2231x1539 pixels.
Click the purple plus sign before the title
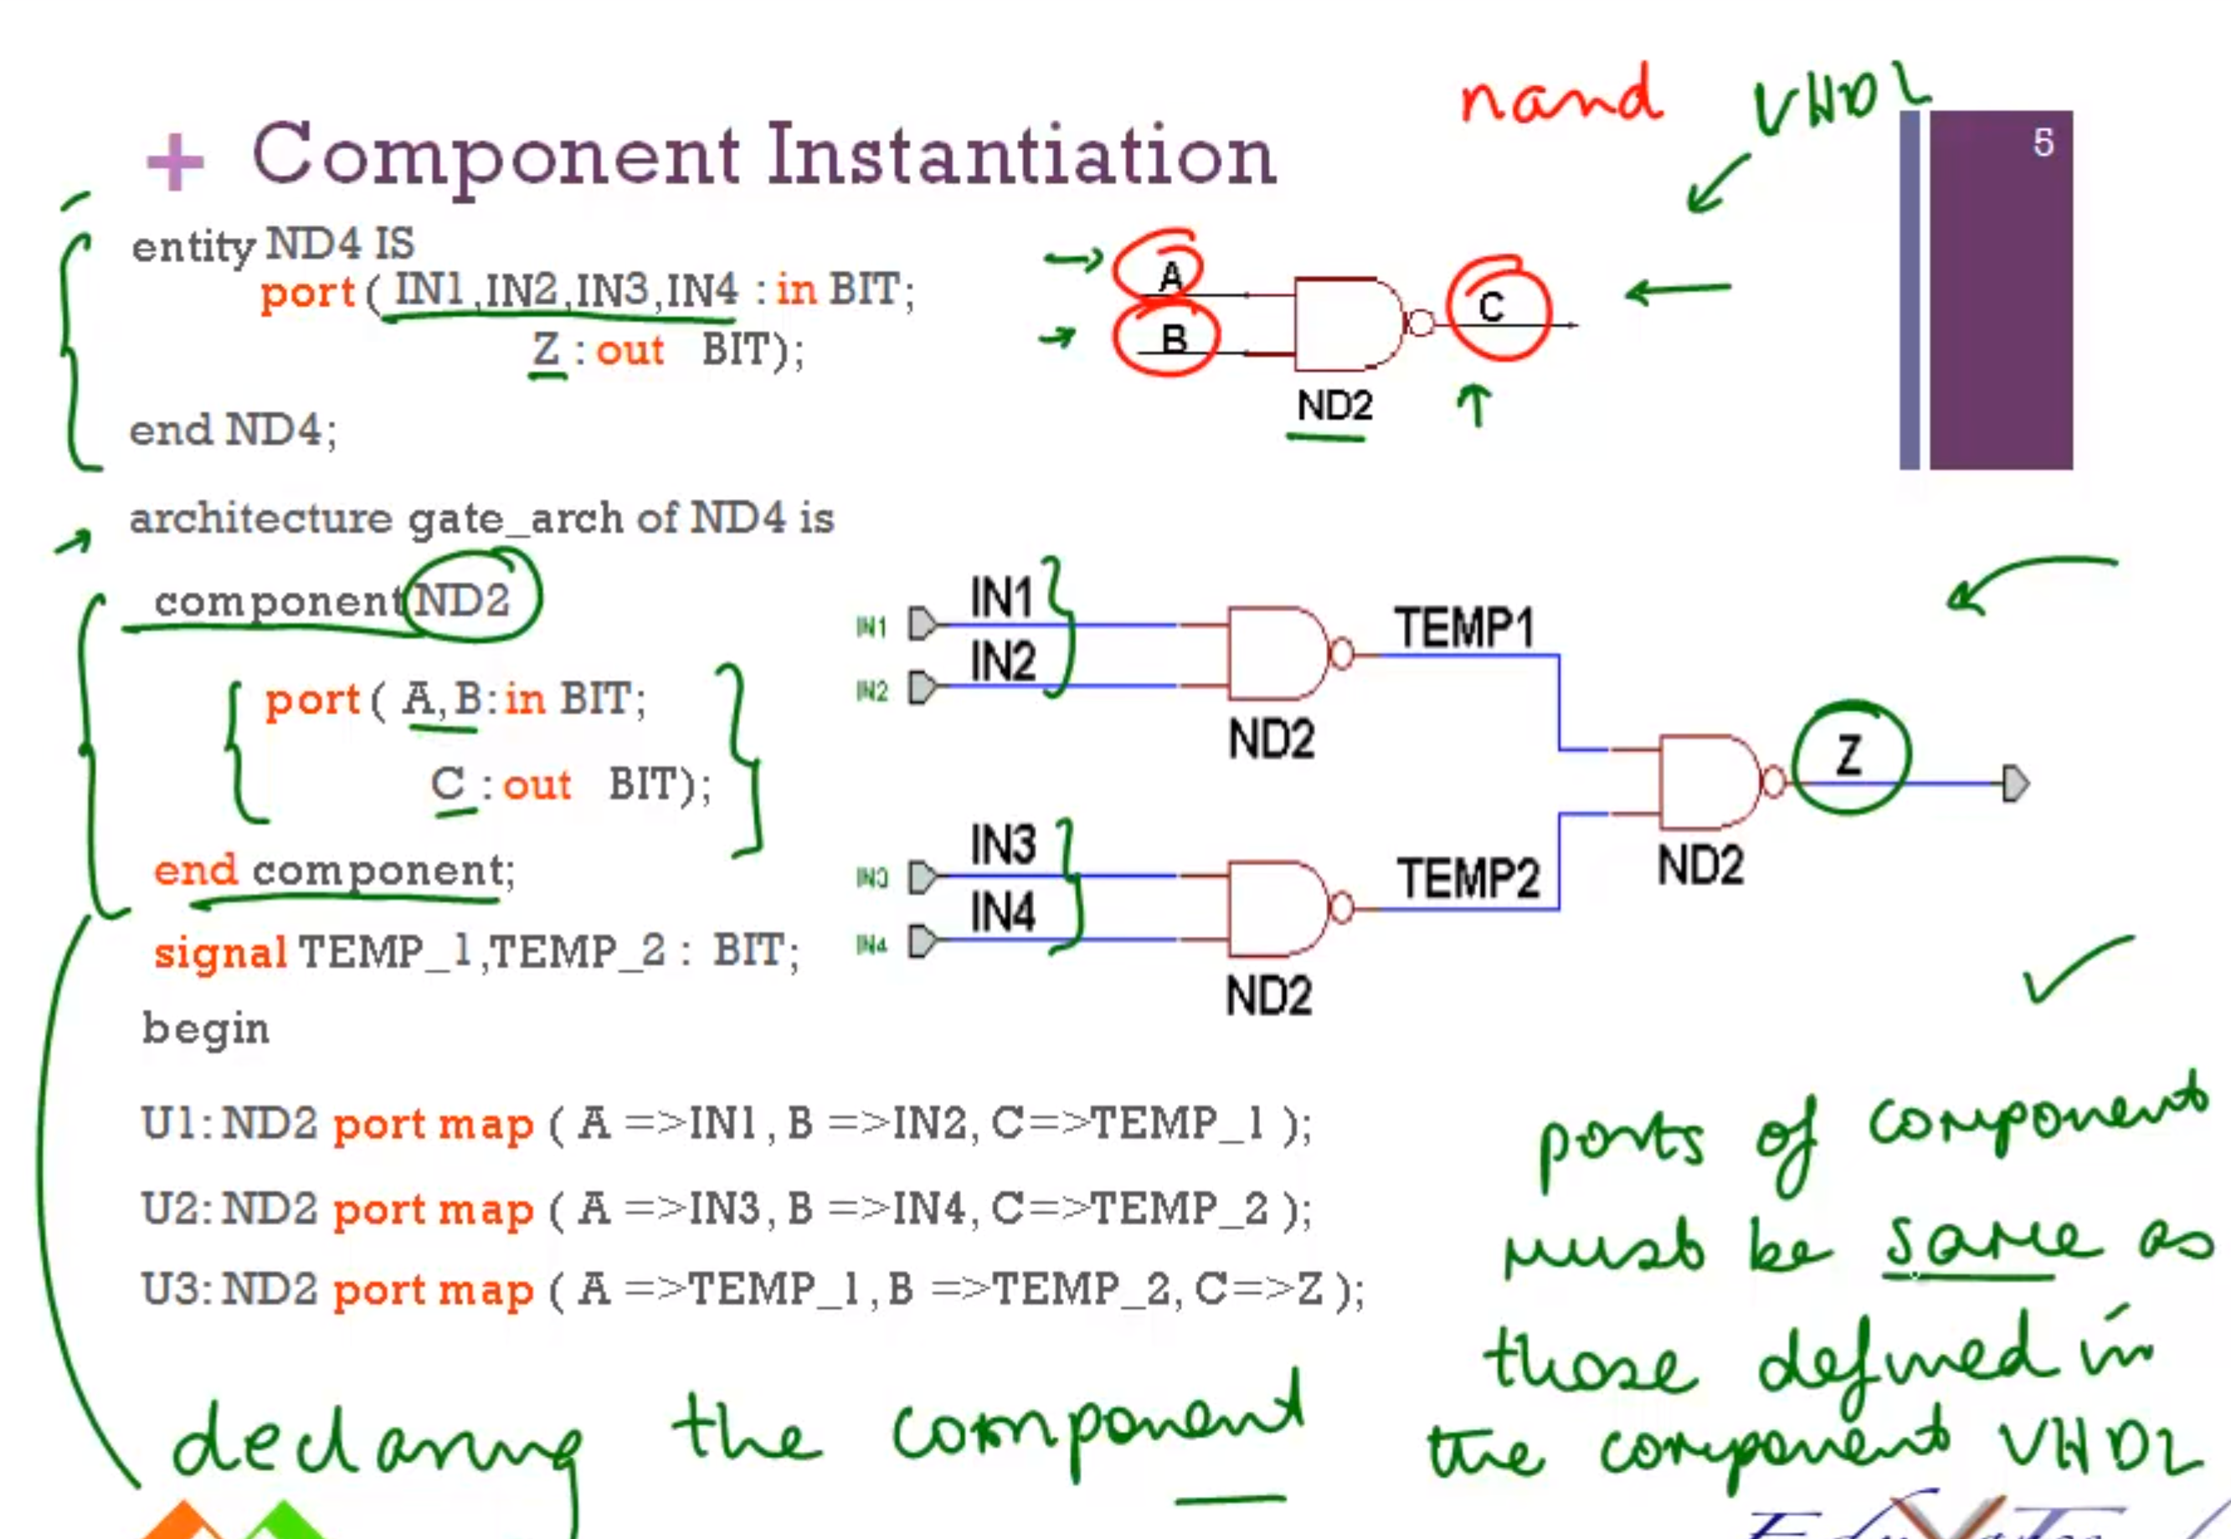[174, 161]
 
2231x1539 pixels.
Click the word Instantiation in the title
[1022, 157]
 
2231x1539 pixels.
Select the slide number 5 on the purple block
[2043, 142]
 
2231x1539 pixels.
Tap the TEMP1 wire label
[1463, 629]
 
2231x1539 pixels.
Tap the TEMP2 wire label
[1468, 878]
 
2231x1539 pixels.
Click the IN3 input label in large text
[1003, 845]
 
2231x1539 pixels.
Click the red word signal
[220, 953]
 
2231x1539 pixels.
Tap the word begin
[205, 1030]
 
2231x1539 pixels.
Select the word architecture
[260, 519]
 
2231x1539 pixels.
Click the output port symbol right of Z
[2015, 783]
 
